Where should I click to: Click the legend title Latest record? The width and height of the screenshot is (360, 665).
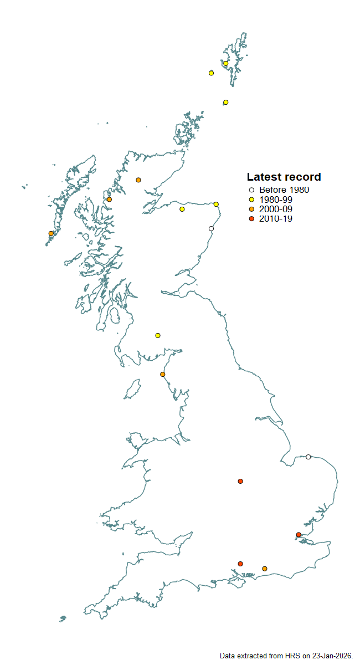click(284, 177)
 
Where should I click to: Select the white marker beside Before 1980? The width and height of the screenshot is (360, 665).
click(251, 190)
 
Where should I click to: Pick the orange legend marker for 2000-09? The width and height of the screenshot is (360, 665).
click(251, 209)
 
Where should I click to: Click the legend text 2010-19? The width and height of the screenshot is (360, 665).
click(276, 219)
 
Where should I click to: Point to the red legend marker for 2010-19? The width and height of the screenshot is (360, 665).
click(251, 219)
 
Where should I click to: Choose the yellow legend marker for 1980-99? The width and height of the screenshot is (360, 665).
click(251, 199)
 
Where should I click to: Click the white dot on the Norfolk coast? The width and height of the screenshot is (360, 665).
click(308, 457)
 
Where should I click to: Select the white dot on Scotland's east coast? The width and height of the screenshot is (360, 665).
click(211, 228)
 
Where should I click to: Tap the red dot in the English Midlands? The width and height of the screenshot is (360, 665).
click(240, 480)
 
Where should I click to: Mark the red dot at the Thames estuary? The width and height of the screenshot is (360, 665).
click(299, 535)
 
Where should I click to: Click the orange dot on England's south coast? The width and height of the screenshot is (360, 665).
click(265, 569)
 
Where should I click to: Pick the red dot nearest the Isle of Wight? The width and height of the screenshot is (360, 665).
click(240, 564)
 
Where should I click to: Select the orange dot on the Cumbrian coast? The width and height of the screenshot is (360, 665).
click(162, 374)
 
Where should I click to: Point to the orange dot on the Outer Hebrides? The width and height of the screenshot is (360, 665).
click(51, 233)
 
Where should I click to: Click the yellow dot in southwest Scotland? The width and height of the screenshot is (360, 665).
click(158, 335)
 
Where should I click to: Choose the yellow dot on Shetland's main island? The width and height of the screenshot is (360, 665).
click(226, 63)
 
